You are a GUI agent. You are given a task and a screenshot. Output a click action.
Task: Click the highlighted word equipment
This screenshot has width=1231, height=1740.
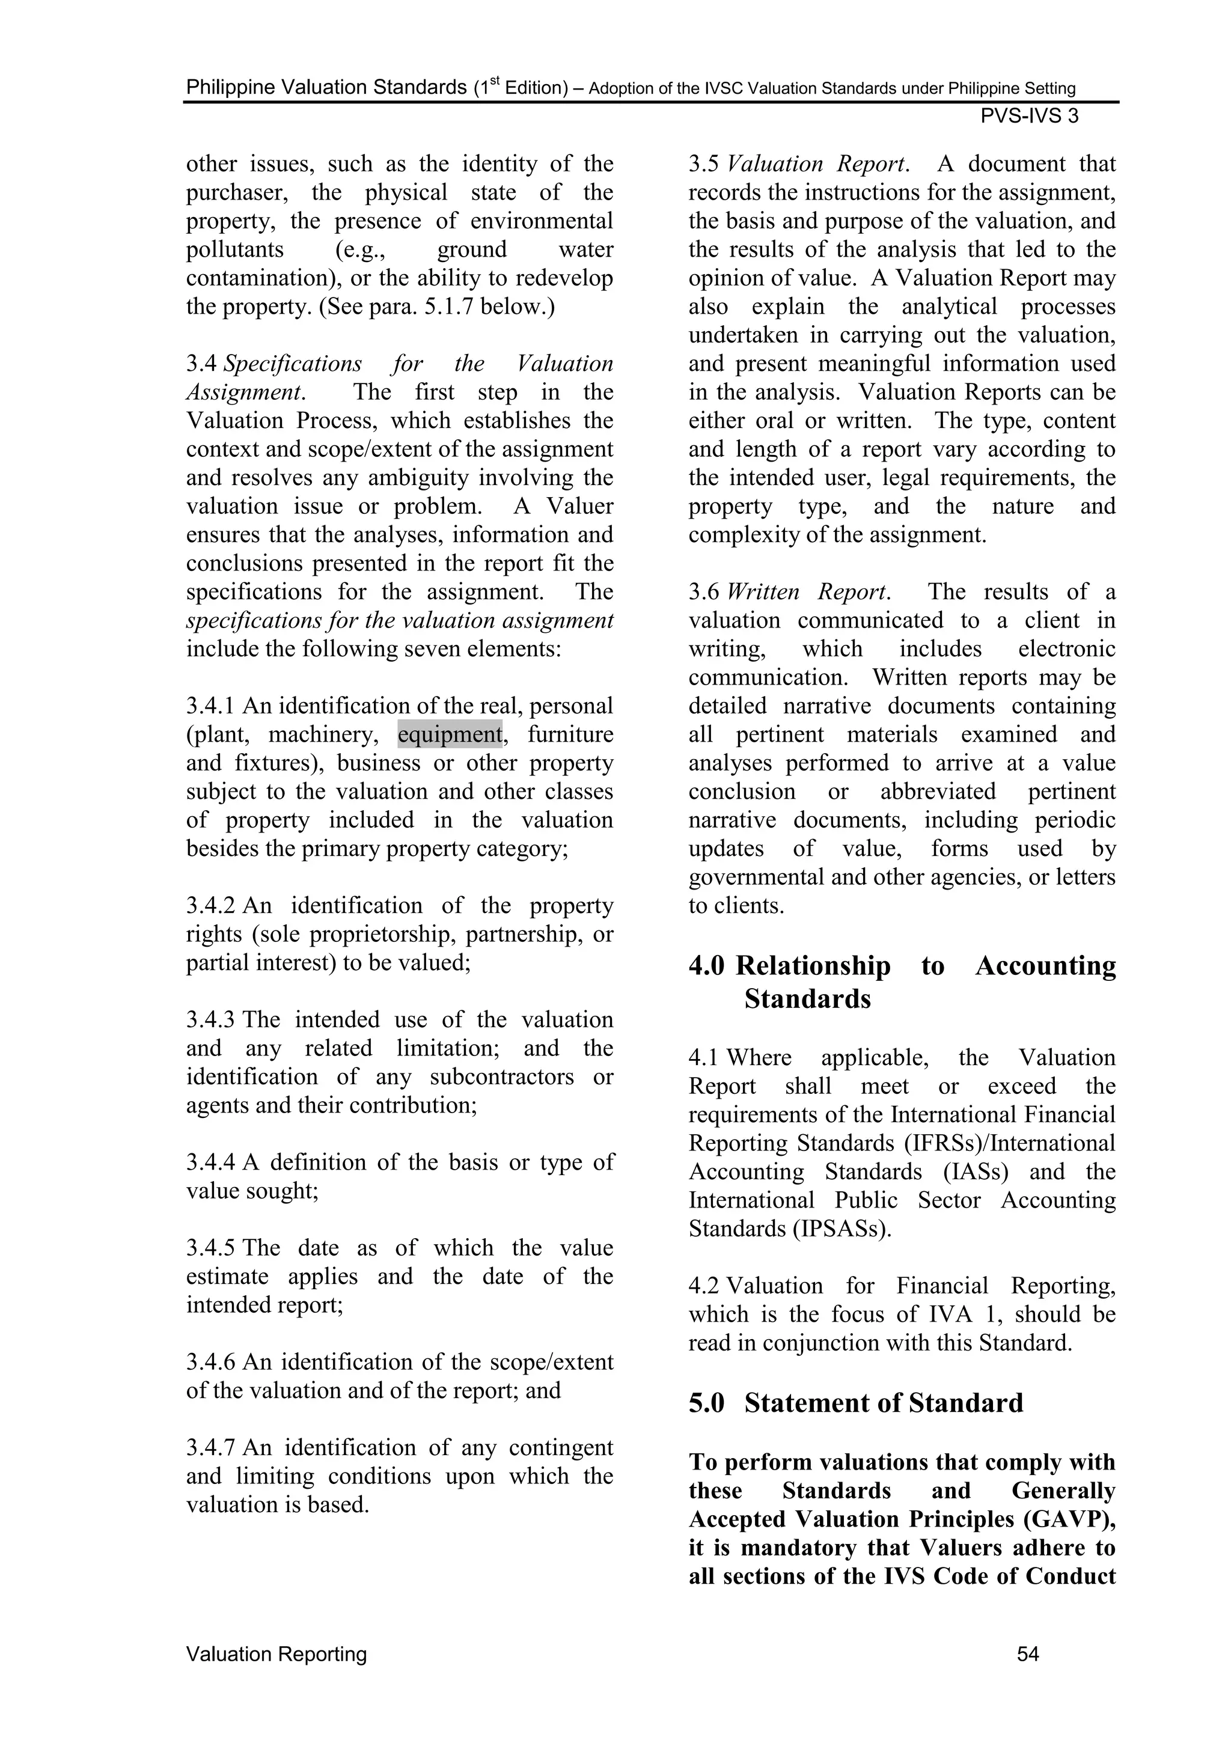[x=450, y=734]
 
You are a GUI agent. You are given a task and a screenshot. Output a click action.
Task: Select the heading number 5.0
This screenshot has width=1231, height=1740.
[x=706, y=1403]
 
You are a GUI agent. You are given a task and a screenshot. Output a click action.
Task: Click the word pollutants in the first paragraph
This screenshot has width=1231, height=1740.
[x=235, y=249]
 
